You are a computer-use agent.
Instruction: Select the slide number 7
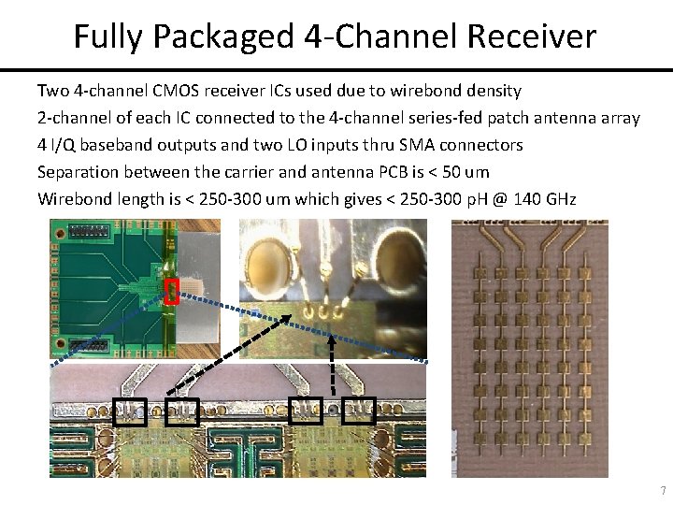pyautogui.click(x=663, y=491)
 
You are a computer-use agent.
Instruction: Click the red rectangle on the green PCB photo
pyautogui.click(x=171, y=292)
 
